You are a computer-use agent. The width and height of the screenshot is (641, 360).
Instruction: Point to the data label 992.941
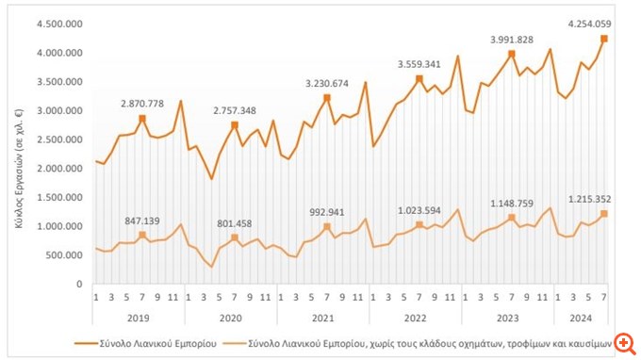click(x=327, y=212)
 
